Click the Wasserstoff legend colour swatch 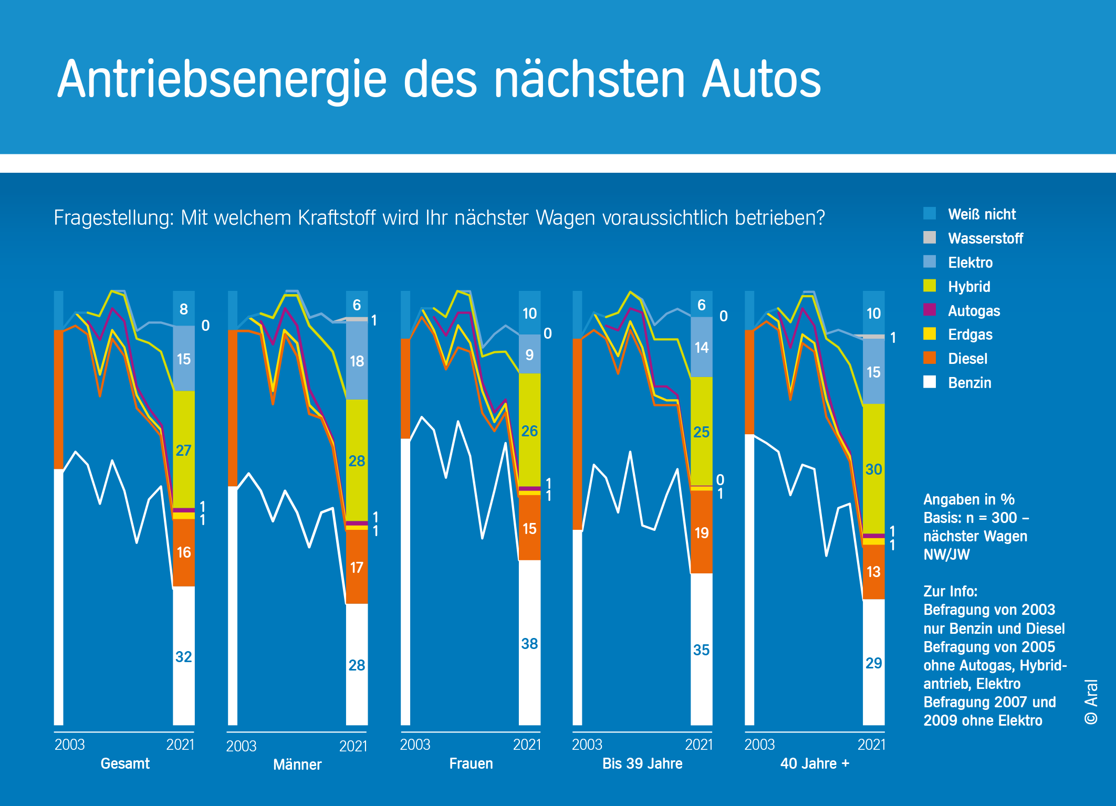click(929, 238)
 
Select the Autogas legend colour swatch click(929, 310)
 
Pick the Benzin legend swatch click(929, 382)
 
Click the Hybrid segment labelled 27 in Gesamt click(183, 449)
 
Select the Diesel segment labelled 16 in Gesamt click(183, 552)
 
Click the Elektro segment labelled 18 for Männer click(357, 361)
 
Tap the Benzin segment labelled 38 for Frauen click(529, 643)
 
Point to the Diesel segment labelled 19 click(701, 532)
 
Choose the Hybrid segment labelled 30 click(873, 469)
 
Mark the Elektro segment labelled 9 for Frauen click(529, 354)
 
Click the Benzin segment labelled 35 click(701, 650)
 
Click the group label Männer click(297, 764)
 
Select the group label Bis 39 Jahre click(642, 763)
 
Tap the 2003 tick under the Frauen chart click(415, 745)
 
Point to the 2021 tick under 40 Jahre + click(871, 745)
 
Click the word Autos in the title click(762, 80)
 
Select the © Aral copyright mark click(1091, 702)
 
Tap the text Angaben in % click(968, 499)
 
